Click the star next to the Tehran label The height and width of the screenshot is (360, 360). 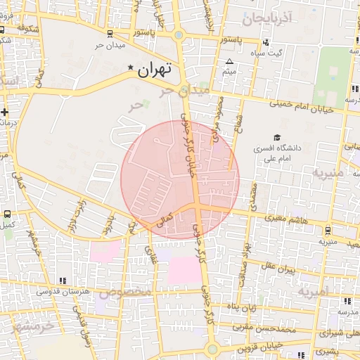[130, 67]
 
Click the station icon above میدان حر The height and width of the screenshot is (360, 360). [108, 34]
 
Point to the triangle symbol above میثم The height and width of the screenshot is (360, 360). [229, 62]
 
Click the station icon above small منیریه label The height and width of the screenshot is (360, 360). [328, 229]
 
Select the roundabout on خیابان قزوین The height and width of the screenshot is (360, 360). [212, 349]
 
